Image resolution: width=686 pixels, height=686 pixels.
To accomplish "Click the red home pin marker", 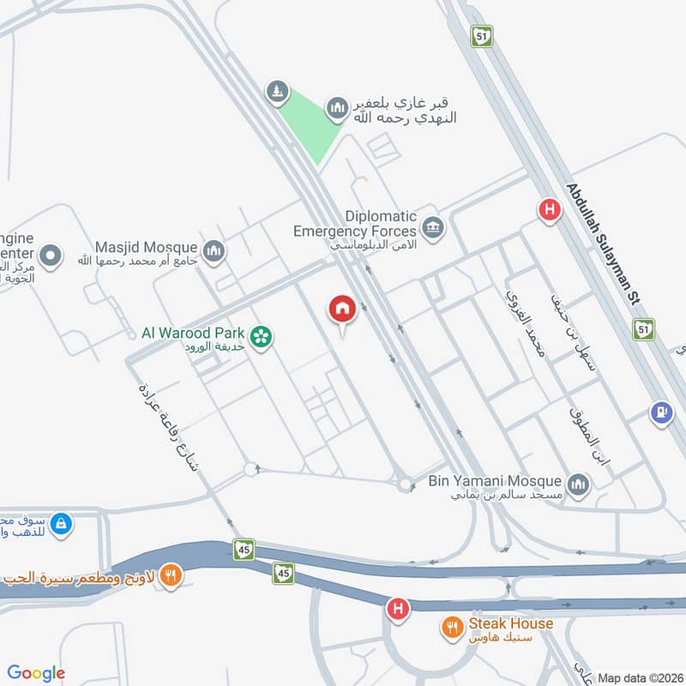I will [x=342, y=310].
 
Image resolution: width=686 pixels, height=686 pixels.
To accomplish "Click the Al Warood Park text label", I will [x=194, y=333].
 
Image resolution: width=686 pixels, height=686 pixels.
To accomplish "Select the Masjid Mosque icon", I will [x=214, y=250].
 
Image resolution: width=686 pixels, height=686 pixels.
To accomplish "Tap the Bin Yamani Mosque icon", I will [x=579, y=485].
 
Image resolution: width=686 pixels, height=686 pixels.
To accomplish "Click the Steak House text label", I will [x=510, y=624].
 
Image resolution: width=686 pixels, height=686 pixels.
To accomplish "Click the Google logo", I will [x=36, y=673].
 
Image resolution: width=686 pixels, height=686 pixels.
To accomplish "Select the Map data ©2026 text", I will [x=640, y=678].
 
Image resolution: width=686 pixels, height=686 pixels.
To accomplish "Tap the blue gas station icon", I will [x=659, y=412].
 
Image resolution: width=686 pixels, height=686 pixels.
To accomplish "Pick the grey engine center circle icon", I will [x=51, y=256].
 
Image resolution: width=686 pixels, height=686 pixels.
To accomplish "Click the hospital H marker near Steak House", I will [x=397, y=610].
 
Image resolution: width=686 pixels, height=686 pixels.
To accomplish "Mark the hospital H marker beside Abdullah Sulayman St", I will [x=548, y=208].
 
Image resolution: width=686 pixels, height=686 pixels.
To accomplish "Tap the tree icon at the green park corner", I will [x=276, y=91].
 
